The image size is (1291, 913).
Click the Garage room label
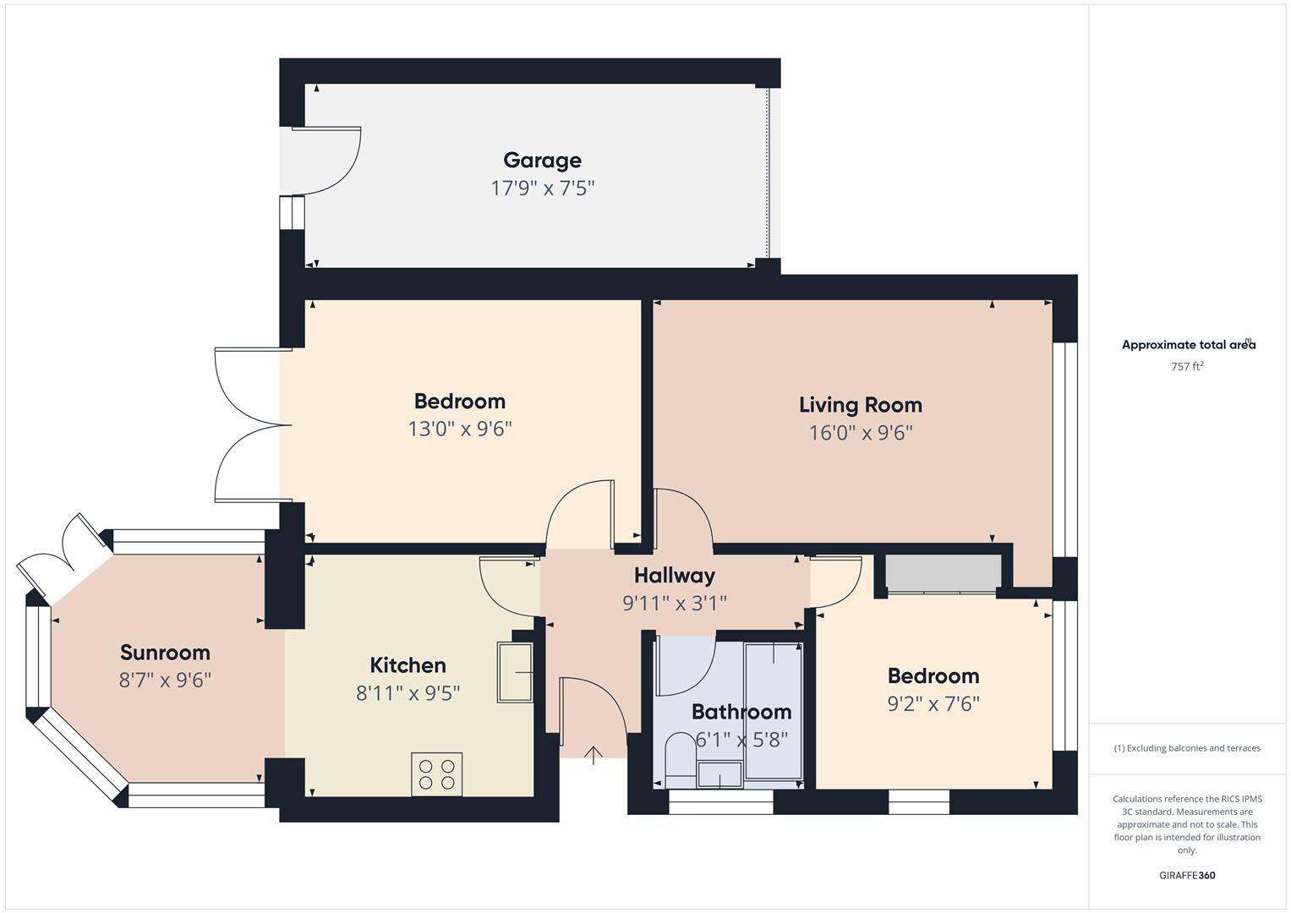click(x=542, y=160)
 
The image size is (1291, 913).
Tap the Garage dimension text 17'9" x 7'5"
click(x=542, y=188)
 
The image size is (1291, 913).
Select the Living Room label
click(x=860, y=405)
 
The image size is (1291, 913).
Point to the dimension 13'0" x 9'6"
click(x=460, y=429)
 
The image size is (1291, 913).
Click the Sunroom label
click(x=165, y=653)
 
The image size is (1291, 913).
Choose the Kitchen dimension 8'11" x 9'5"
click(x=408, y=693)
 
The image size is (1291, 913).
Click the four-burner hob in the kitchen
click(x=436, y=774)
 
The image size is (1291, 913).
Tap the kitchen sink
click(x=514, y=672)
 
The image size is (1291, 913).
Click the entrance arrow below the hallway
click(x=594, y=754)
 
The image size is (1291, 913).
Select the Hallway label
click(x=674, y=576)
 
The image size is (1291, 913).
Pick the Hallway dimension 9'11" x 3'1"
click(x=674, y=603)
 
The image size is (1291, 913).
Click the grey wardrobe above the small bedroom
click(x=943, y=572)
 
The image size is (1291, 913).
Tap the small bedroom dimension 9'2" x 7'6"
click(x=933, y=703)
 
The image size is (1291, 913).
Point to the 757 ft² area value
click(x=1186, y=366)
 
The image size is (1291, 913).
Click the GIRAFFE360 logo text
click(x=1186, y=875)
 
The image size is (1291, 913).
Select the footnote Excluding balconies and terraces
click(x=1186, y=748)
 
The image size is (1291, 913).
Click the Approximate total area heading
click(x=1187, y=345)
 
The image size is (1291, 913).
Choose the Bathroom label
click(x=741, y=712)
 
